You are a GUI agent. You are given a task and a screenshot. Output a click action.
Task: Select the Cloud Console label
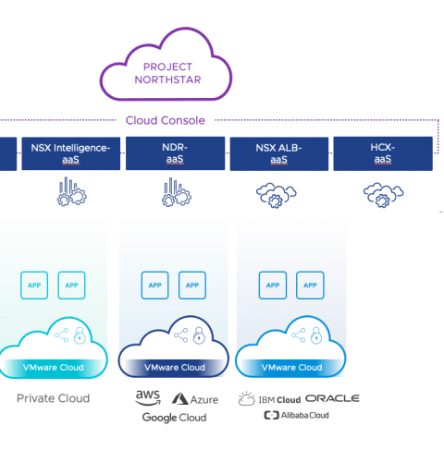(x=166, y=120)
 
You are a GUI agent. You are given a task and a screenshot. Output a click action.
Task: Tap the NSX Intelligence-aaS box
(x=71, y=153)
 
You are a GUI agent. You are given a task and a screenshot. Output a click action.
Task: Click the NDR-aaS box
(x=175, y=153)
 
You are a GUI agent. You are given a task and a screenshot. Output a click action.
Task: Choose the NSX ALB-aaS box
(x=279, y=153)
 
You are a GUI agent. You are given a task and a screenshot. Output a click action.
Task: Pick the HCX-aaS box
(x=383, y=153)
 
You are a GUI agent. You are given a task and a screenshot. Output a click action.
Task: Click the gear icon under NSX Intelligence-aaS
(x=72, y=191)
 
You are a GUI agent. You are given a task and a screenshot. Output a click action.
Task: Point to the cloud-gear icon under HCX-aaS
(x=383, y=195)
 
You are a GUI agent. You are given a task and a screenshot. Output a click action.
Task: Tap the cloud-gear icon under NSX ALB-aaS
(x=277, y=195)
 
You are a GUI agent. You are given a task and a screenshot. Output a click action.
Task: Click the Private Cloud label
(x=53, y=398)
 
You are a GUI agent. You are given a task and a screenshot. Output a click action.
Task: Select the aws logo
(x=148, y=398)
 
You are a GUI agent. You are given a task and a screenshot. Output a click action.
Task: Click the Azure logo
(x=195, y=399)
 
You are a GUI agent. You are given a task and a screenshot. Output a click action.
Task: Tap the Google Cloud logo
(x=174, y=418)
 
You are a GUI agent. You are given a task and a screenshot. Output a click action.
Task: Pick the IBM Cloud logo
(x=269, y=398)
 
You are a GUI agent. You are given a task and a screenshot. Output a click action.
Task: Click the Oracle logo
(x=332, y=398)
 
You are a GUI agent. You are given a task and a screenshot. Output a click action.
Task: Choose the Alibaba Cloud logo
(x=296, y=415)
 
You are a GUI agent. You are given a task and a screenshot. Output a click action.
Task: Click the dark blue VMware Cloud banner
(x=175, y=367)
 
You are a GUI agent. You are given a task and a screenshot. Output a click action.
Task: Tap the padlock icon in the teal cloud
(x=80, y=335)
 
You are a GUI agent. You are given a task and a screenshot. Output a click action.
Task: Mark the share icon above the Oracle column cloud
(x=299, y=335)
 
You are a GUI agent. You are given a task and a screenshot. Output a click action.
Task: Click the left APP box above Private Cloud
(x=34, y=286)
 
